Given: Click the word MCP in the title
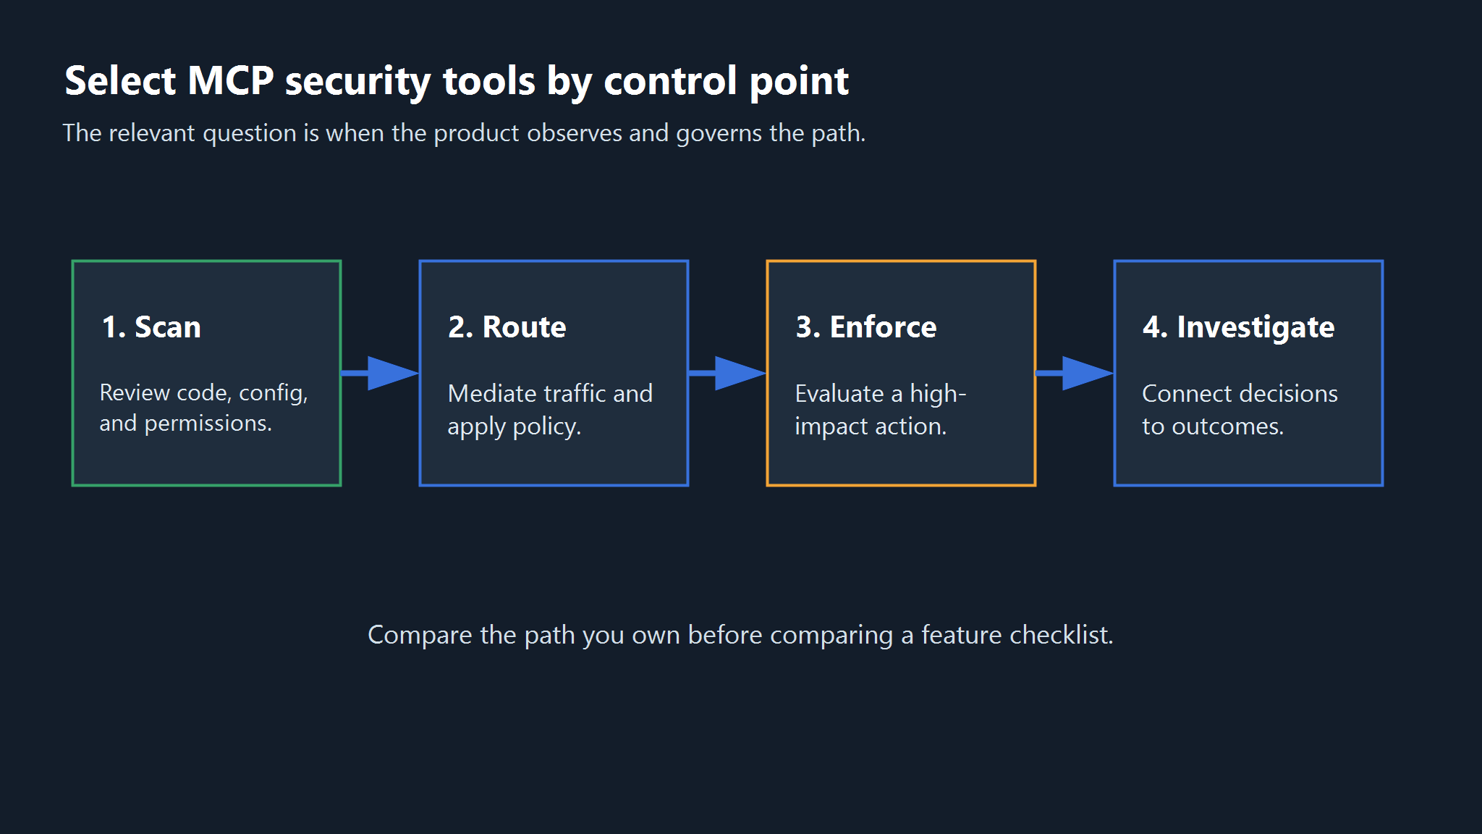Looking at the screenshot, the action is pos(231,80).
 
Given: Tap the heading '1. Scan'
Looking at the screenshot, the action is pos(151,327).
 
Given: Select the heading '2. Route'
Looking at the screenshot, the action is pos(507,327).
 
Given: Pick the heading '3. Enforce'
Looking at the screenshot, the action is pos(866,327).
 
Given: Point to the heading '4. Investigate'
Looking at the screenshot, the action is pos(1239,328).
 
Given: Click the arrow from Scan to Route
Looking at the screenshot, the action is pos(380,374).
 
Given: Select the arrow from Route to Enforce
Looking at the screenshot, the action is pos(727,374).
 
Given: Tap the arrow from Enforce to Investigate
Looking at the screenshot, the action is pos(1075,374).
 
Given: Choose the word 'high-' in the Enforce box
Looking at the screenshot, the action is pos(938,395).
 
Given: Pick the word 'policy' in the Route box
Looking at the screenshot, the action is pos(546,427).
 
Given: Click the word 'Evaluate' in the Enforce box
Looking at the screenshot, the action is pos(839,394).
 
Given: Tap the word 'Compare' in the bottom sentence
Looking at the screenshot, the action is pos(420,636).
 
